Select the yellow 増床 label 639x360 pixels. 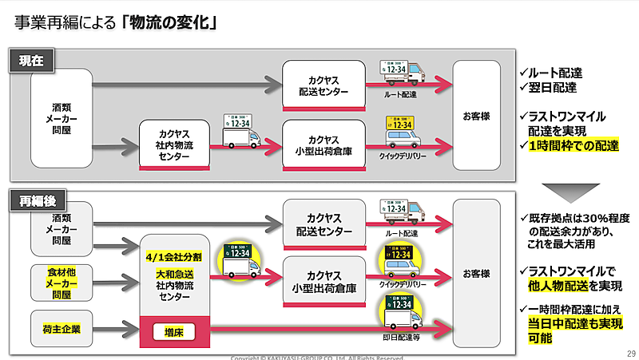tap(173, 331)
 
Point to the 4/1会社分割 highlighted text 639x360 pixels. tap(174, 257)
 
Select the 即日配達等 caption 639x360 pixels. tap(401, 338)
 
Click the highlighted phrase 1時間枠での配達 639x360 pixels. tap(574, 145)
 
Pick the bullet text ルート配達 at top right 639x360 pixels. tap(559, 73)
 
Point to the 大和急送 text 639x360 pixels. tap(174, 274)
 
